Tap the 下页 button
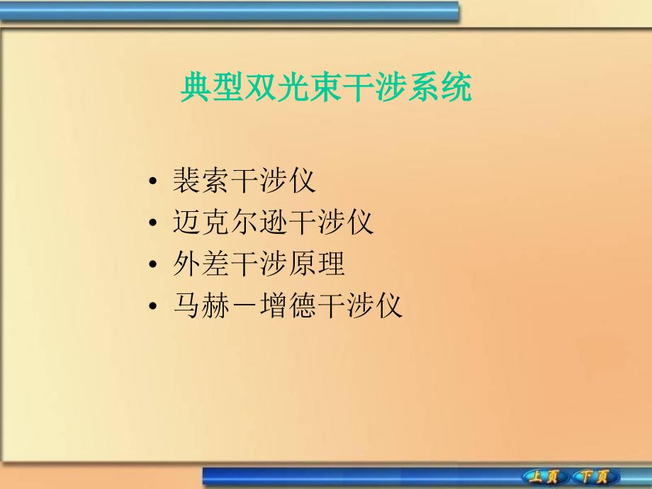[595, 476]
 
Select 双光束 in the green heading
[282, 89]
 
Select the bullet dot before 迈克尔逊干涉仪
[154, 225]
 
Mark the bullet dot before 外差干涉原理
[154, 266]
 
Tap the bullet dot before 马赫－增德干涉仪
[154, 307]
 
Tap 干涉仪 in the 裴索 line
[273, 181]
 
